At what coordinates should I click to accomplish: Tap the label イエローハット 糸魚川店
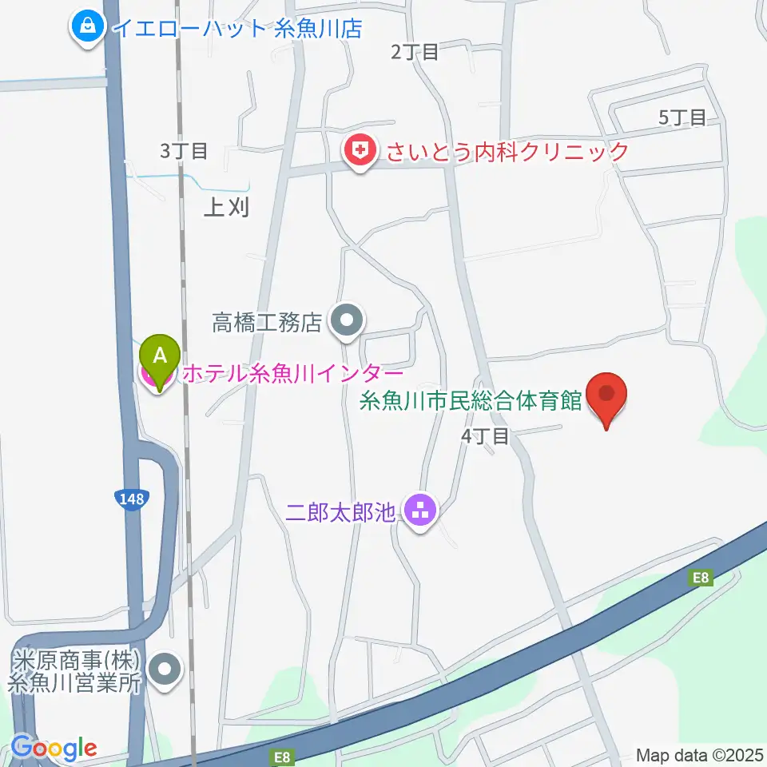tap(237, 29)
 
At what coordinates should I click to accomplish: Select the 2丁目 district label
tap(415, 53)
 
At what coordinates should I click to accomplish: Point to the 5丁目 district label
tap(682, 118)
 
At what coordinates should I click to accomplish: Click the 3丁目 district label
tap(184, 150)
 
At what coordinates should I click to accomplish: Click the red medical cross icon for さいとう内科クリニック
tap(361, 150)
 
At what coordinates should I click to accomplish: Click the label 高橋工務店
tap(267, 323)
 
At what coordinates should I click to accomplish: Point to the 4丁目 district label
tap(485, 436)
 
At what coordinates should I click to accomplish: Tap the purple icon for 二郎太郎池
tap(419, 509)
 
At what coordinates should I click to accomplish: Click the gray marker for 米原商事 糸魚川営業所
tap(166, 670)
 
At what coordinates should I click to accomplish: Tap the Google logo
tap(54, 748)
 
